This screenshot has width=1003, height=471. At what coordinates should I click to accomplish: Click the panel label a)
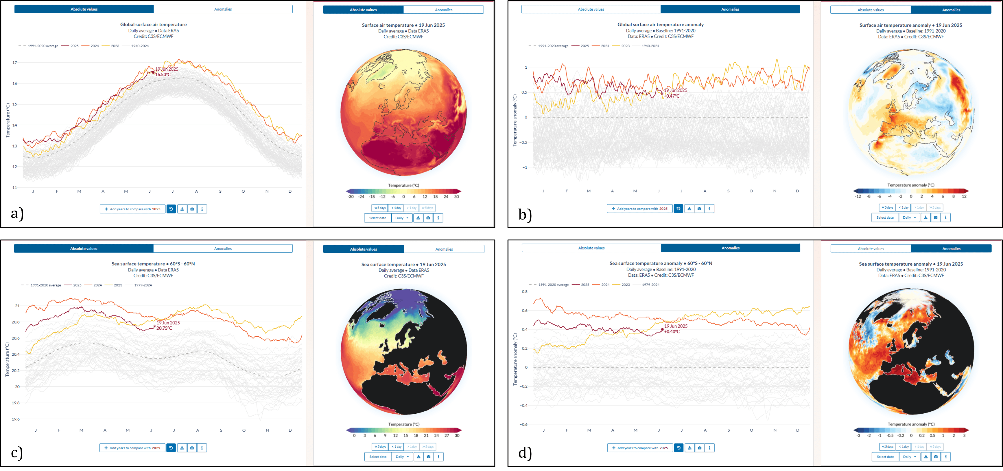click(17, 214)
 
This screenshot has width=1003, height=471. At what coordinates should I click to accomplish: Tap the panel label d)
click(525, 453)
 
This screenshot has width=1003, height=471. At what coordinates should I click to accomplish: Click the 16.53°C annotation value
click(163, 74)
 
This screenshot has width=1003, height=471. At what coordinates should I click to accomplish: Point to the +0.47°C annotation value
click(672, 96)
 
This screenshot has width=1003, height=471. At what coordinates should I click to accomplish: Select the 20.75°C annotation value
click(164, 328)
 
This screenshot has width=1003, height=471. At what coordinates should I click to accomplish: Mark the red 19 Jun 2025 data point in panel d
click(662, 329)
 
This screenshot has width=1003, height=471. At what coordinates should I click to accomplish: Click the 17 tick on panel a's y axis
click(15, 62)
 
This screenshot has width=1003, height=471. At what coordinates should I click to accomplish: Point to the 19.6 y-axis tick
click(16, 419)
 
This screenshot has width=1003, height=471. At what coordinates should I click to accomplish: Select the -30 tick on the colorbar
click(351, 197)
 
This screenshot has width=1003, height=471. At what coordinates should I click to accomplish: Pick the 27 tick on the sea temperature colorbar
click(447, 436)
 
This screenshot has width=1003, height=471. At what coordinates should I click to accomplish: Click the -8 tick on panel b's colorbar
click(869, 196)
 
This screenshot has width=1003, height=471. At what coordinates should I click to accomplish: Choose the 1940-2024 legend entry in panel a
click(140, 46)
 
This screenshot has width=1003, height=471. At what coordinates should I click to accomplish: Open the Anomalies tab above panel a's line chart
click(223, 9)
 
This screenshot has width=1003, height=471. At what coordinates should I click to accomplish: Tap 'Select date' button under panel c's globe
click(378, 457)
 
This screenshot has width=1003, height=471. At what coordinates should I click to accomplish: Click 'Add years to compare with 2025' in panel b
click(640, 209)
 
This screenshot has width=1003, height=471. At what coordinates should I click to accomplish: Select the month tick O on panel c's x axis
click(244, 430)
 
